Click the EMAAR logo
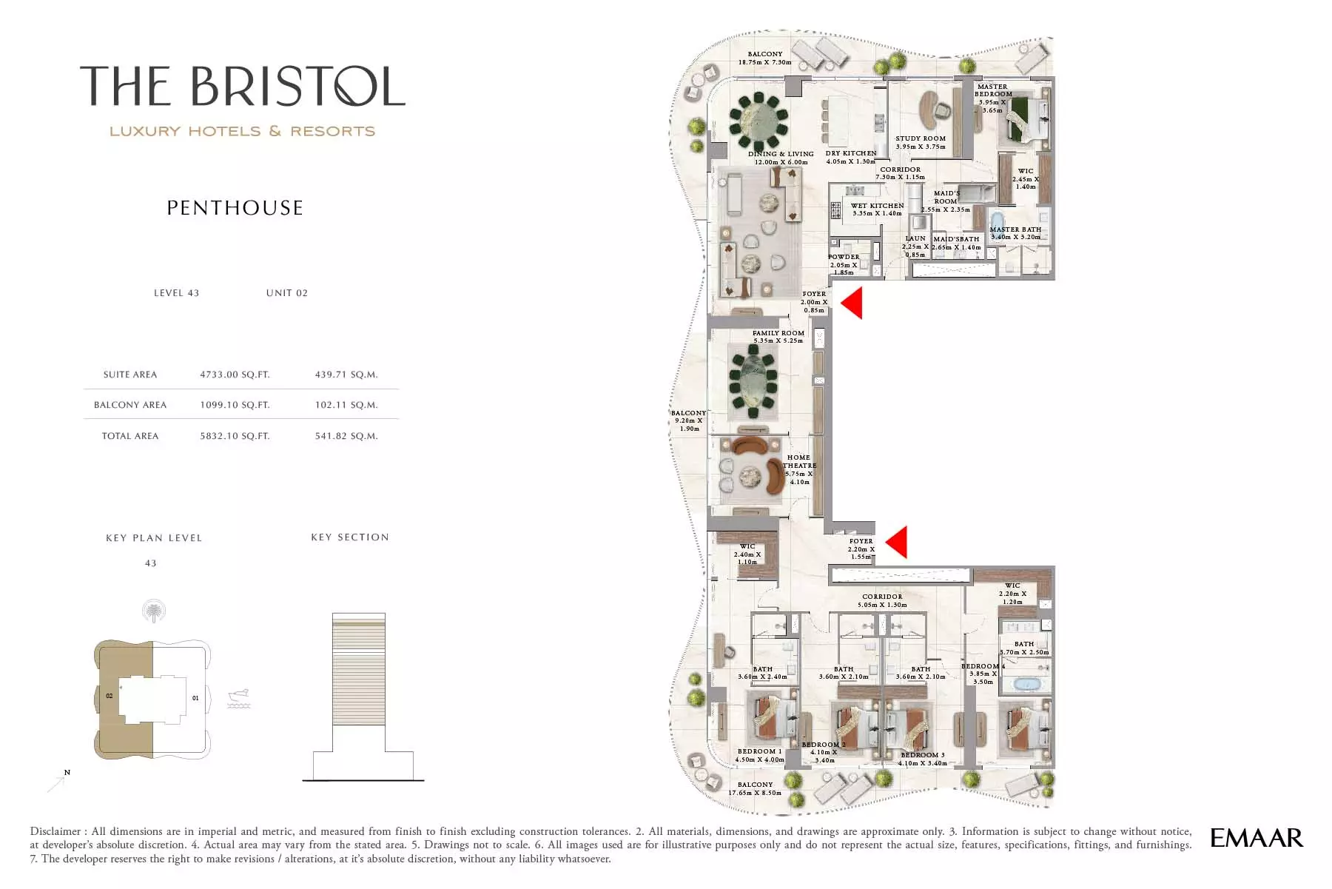point(1256,838)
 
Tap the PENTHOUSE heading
point(235,208)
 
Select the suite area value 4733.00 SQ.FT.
point(235,375)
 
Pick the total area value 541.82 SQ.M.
point(346,436)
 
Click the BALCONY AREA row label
point(130,405)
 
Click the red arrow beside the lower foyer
point(896,542)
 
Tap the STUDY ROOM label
point(921,138)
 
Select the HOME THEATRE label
point(799,462)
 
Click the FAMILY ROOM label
point(778,333)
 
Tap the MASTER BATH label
point(1015,229)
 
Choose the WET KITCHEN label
point(877,206)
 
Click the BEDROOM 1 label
point(759,751)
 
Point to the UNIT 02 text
point(286,293)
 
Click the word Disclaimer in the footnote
point(55,831)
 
